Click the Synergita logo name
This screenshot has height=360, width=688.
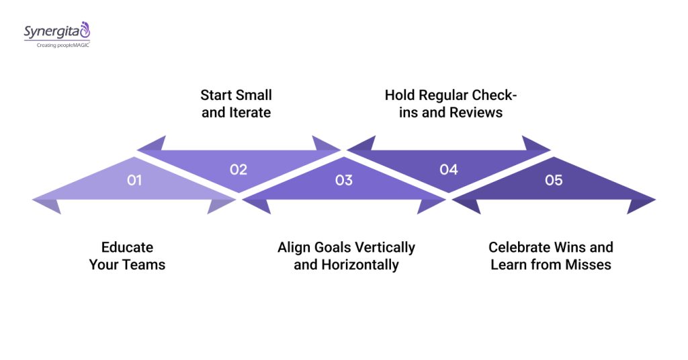click(x=52, y=31)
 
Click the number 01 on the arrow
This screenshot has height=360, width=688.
click(x=134, y=180)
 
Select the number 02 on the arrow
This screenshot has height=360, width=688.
click(x=239, y=169)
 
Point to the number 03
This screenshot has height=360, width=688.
click(x=343, y=180)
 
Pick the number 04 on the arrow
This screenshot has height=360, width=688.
click(x=448, y=169)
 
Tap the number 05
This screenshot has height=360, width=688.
click(x=554, y=180)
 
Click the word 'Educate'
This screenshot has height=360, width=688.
click(x=127, y=247)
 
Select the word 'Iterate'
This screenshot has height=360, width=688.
click(x=249, y=112)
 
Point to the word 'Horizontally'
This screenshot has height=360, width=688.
click(x=359, y=265)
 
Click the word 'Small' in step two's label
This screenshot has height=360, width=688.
click(x=253, y=95)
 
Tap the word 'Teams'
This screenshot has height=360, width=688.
click(x=143, y=265)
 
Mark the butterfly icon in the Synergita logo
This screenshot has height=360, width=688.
click(x=84, y=29)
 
